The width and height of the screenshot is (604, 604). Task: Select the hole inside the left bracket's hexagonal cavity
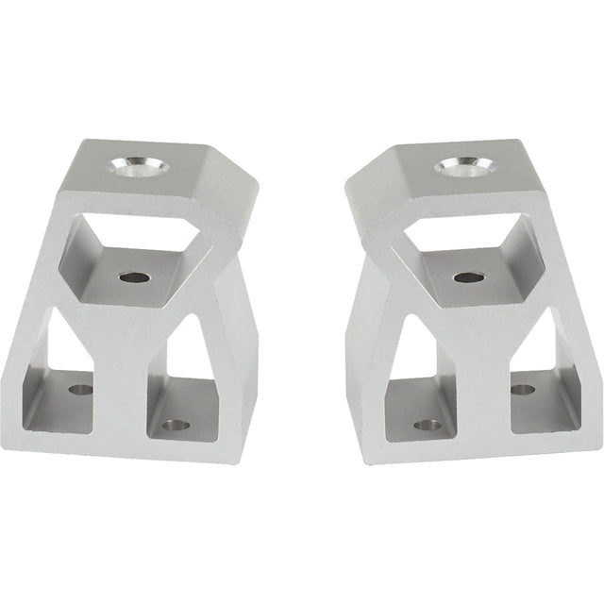point(134,277)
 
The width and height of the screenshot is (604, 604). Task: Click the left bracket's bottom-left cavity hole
point(82,388)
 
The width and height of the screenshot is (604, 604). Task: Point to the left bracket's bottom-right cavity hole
point(173,425)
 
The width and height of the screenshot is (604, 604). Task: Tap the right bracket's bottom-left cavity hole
point(428,425)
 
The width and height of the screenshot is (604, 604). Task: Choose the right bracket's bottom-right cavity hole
point(522,389)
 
